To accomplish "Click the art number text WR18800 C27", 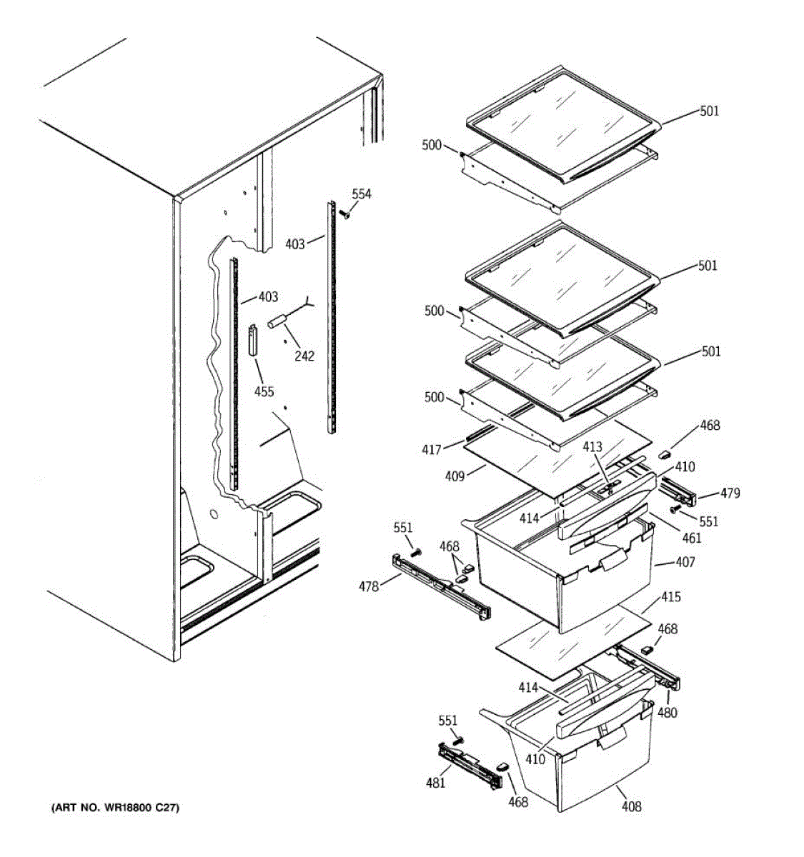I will (115, 808).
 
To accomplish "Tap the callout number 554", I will (362, 194).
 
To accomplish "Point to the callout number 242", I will (304, 356).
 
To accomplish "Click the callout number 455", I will (264, 391).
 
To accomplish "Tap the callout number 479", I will (730, 493).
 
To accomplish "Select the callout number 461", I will (692, 538).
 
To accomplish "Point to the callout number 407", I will (684, 562).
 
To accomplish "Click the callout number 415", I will (671, 597).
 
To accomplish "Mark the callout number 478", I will (369, 586).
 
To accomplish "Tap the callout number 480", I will (667, 712).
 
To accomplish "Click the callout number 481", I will (435, 782).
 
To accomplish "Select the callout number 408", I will (631, 806).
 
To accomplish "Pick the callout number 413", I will (592, 447).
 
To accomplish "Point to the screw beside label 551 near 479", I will (675, 508).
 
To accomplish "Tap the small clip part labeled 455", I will (253, 341).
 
